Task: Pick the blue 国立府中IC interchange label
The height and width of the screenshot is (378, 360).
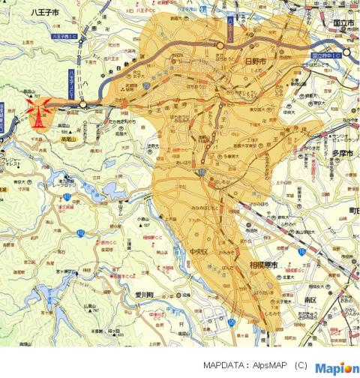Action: (x=325, y=55)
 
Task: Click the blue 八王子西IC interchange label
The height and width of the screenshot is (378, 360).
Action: (x=65, y=35)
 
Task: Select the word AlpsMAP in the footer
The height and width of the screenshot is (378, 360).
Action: (x=268, y=366)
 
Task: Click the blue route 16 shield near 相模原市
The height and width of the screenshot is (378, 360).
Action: (x=301, y=254)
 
